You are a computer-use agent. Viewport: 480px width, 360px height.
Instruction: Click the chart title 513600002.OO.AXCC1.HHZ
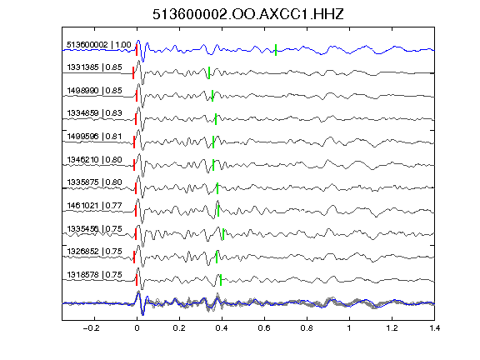[x=248, y=14]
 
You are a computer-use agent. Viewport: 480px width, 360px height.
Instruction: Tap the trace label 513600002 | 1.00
[x=99, y=45]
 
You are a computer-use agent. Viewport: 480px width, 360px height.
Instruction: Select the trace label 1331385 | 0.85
[x=95, y=67]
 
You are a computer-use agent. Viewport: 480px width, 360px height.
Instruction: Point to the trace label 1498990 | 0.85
[x=95, y=91]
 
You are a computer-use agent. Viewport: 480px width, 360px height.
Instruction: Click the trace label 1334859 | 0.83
[x=95, y=113]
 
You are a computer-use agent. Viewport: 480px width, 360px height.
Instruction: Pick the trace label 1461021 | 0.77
[x=95, y=205]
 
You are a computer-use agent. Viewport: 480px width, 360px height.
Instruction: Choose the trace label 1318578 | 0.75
[x=95, y=275]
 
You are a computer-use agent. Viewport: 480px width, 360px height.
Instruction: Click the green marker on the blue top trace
[x=276, y=50]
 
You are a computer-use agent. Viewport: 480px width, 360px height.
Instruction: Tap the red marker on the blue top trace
[x=137, y=50]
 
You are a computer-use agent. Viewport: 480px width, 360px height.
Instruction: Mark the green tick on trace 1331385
[x=209, y=72]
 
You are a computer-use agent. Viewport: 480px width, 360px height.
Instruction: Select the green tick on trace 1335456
[x=223, y=234]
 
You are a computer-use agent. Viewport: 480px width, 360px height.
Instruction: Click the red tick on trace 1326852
[x=134, y=257]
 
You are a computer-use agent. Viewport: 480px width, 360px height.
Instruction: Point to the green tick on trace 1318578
[x=221, y=280]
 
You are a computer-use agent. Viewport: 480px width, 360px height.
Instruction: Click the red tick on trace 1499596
[x=134, y=142]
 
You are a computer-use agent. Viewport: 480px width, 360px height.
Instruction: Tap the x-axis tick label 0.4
[x=222, y=328]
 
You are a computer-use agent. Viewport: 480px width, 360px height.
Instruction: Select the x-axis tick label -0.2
[x=91, y=328]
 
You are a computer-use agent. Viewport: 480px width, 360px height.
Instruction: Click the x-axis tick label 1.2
[x=392, y=328]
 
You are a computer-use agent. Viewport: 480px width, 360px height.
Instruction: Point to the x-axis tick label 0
[x=137, y=328]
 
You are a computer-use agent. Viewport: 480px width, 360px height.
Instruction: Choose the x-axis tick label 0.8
[x=307, y=328]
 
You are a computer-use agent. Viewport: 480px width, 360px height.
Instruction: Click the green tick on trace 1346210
[x=213, y=165]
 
